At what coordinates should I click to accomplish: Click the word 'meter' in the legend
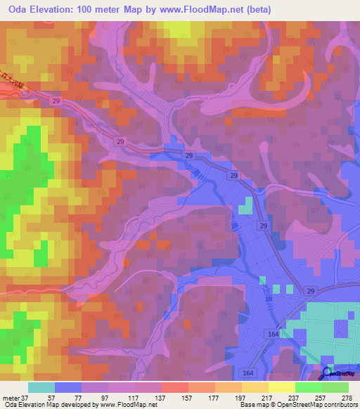click(11, 397)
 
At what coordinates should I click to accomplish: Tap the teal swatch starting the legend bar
click(41, 387)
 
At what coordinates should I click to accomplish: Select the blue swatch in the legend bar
click(68, 387)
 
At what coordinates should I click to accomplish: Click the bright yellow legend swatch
click(282, 387)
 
